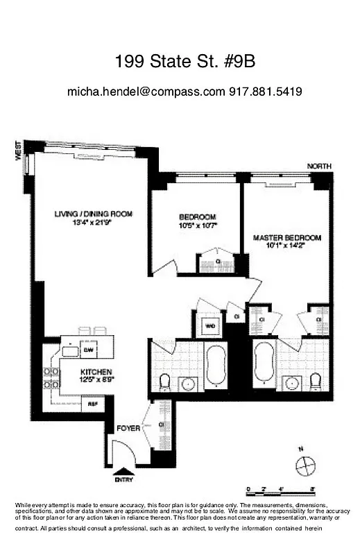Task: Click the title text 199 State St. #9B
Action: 185,62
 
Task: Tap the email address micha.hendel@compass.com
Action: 146,92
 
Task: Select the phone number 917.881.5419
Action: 265,92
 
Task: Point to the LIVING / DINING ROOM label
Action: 94,214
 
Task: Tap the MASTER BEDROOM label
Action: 287,238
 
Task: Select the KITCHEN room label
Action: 95,372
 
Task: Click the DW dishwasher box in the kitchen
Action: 88,344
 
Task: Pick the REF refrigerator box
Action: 91,403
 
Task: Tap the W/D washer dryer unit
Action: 209,325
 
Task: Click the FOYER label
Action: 128,428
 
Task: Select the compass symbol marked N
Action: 305,466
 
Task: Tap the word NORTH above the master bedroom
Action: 320,166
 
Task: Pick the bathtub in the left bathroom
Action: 216,364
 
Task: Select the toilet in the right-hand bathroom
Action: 316,381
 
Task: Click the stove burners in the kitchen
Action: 51,376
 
